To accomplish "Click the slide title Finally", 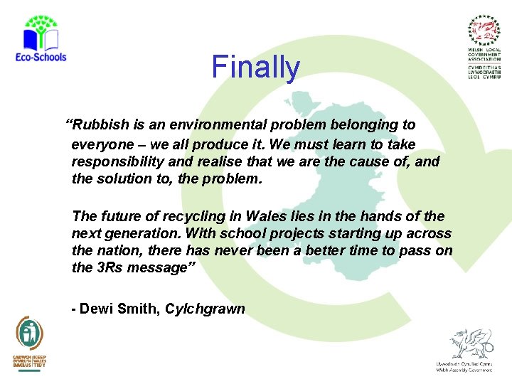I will point(256,68).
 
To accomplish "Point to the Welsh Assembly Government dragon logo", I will point(466,348).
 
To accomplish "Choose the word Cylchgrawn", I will point(206,309).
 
